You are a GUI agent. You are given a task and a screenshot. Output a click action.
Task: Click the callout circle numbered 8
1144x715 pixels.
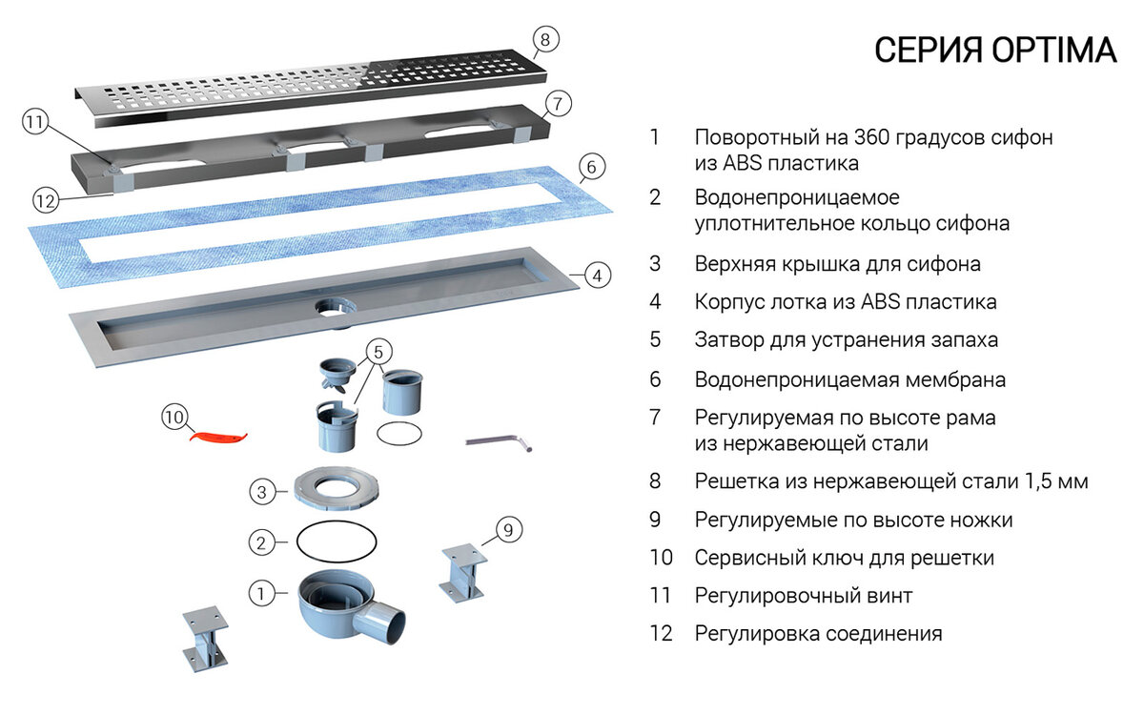[x=544, y=39]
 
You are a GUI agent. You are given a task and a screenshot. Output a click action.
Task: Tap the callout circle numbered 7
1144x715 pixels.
[x=559, y=103]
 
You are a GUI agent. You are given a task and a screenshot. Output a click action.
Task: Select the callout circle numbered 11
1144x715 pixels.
[x=35, y=123]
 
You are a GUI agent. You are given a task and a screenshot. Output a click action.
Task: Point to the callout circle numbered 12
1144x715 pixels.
[x=46, y=201]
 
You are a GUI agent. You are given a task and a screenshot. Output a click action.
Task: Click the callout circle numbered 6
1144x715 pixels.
[x=591, y=168]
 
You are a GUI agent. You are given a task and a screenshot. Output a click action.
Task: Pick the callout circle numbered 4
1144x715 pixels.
[x=596, y=276]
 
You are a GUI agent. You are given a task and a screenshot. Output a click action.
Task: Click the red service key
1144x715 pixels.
[x=220, y=435]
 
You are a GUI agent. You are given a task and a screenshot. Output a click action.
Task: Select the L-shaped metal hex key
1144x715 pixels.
[x=499, y=441]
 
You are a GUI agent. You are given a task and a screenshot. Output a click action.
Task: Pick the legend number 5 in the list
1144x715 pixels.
[x=655, y=339]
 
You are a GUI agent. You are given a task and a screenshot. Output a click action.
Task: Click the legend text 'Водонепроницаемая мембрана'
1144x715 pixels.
[x=850, y=379]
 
